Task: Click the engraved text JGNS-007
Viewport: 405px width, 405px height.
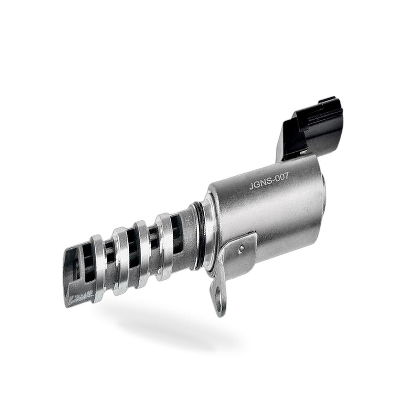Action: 269,181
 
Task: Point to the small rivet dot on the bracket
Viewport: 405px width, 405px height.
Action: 241,248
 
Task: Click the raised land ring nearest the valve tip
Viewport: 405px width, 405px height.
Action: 98,268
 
